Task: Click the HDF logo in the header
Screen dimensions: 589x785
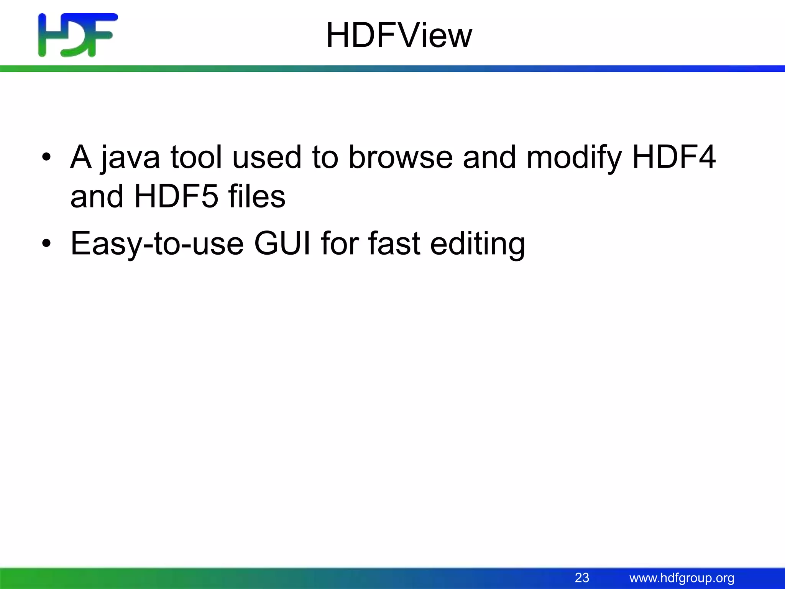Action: tap(78, 35)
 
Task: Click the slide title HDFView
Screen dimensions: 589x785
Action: tap(399, 35)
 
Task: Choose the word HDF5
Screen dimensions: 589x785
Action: tap(176, 196)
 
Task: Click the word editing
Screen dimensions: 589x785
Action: tap(478, 244)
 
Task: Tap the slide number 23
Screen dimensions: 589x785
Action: tap(582, 577)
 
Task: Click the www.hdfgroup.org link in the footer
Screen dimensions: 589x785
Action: tap(682, 578)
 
